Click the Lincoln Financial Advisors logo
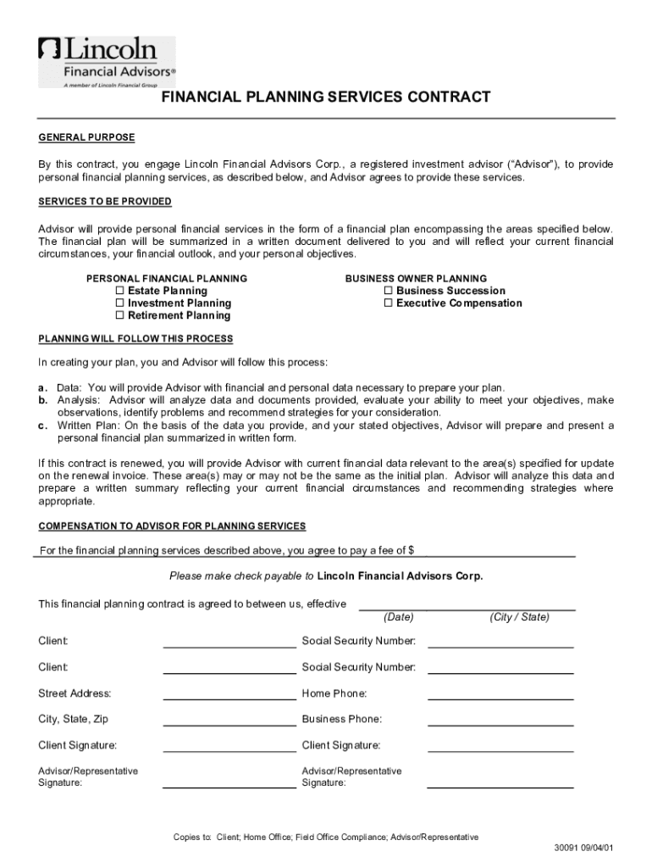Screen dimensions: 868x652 point(106,61)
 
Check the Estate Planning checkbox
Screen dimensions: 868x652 point(119,291)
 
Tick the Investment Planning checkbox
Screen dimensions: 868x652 point(119,303)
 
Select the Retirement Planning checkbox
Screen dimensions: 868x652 point(119,316)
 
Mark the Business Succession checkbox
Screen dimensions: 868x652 point(388,291)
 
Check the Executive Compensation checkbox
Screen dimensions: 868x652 point(388,303)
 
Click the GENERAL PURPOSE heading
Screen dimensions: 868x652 point(86,137)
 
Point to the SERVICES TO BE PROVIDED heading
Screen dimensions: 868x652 point(105,202)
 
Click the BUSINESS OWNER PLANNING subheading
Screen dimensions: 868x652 point(416,278)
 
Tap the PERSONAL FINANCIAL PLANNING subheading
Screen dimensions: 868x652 point(167,278)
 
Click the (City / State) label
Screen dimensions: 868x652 point(519,617)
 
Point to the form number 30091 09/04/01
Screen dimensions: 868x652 point(583,848)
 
